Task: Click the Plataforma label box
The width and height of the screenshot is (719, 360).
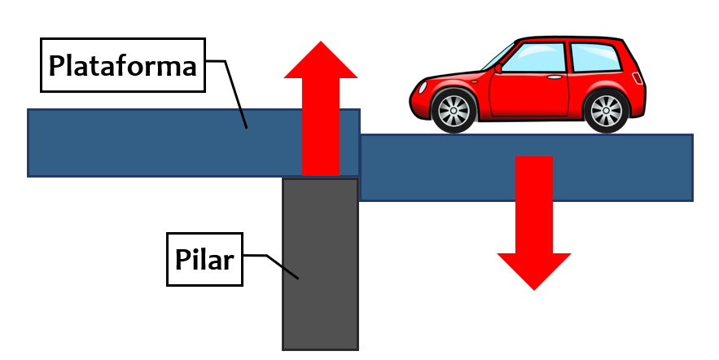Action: [123, 65]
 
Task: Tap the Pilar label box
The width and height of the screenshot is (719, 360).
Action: [204, 259]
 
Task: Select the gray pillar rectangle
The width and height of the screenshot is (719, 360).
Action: [320, 264]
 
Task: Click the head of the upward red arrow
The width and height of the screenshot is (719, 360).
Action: [321, 59]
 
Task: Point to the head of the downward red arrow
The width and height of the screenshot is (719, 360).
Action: [534, 271]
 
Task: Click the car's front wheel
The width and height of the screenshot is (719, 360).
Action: [454, 111]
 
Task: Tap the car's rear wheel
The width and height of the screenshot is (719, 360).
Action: [606, 111]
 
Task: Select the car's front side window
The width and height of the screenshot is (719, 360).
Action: [535, 57]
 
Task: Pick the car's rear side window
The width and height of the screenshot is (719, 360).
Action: [595, 57]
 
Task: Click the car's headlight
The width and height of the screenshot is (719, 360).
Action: [423, 88]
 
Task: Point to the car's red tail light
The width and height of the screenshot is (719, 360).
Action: [638, 78]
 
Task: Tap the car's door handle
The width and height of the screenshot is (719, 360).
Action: [555, 77]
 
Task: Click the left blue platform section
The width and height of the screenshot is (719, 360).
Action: [194, 143]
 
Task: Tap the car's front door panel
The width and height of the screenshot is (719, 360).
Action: [529, 94]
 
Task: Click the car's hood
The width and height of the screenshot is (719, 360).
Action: [452, 77]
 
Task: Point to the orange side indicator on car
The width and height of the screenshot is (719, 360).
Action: [474, 81]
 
